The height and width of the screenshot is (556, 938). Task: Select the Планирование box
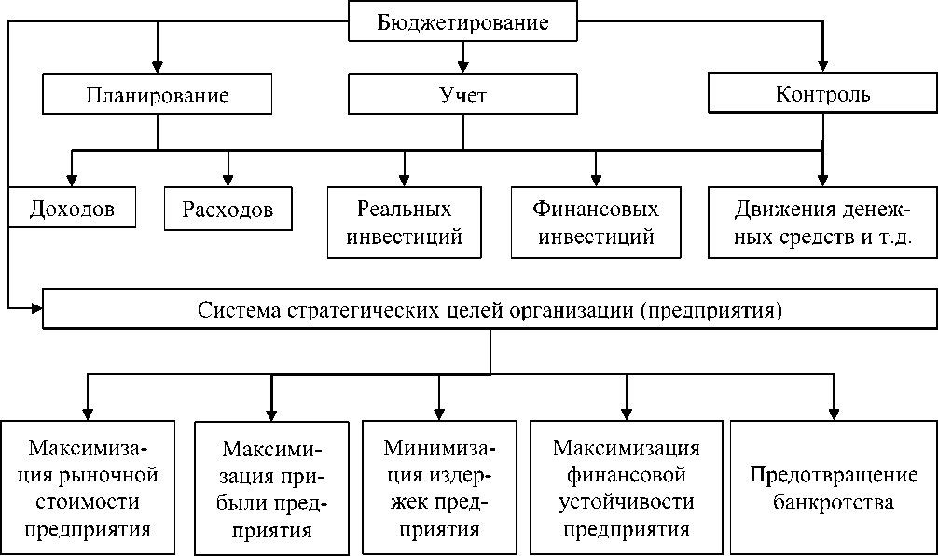(x=157, y=95)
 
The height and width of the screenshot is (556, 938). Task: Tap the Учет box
(x=462, y=95)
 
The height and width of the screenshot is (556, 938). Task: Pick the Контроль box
(x=822, y=95)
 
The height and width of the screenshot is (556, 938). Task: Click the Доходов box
(x=72, y=209)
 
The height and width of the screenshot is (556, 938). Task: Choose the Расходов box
(x=228, y=209)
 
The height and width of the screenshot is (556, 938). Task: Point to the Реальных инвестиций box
(x=404, y=222)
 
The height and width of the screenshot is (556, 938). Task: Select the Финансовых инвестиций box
(x=595, y=222)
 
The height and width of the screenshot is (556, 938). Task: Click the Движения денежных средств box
(x=821, y=222)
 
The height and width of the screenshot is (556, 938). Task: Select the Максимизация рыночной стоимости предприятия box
(x=88, y=489)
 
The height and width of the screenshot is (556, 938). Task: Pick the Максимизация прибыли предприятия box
(x=271, y=489)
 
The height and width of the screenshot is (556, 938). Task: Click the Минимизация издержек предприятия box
(x=439, y=489)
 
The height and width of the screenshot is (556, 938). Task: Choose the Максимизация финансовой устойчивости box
(x=626, y=489)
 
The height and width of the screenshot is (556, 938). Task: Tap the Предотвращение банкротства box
(x=834, y=489)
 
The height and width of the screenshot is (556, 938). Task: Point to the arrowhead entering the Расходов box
(x=228, y=180)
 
